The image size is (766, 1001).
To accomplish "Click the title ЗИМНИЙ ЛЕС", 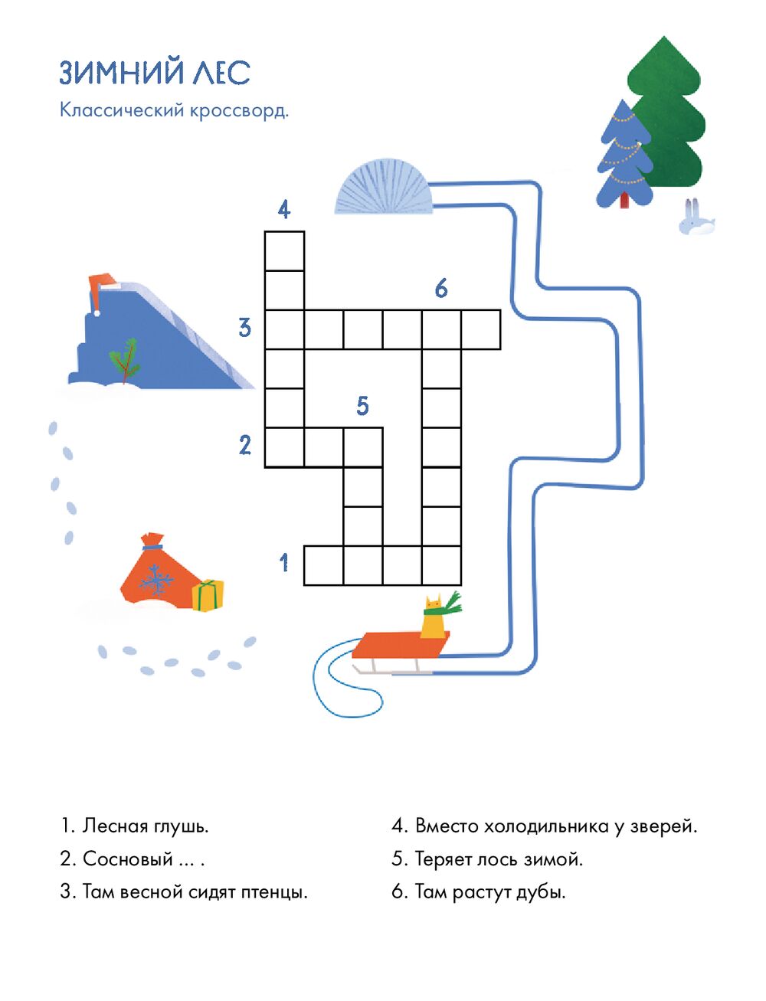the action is tap(155, 72).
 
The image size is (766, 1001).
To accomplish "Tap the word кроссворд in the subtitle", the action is tap(239, 111).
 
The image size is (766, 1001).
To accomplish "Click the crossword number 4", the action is tap(284, 210).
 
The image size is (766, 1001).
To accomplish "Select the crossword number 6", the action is tap(441, 288).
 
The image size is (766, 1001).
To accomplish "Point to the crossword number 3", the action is tap(245, 328).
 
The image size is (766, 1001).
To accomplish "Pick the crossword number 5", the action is tap(362, 406).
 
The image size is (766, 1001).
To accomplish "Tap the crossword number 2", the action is tap(245, 445).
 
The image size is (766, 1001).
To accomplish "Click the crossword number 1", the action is tap(284, 562).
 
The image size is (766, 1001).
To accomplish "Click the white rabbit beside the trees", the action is tap(696, 218).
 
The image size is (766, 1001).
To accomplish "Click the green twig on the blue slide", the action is tap(124, 360).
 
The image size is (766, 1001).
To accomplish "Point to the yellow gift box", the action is tap(208, 595).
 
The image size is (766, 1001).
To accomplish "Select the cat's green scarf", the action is tap(444, 607).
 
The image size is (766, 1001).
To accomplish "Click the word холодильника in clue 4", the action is tap(546, 826).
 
